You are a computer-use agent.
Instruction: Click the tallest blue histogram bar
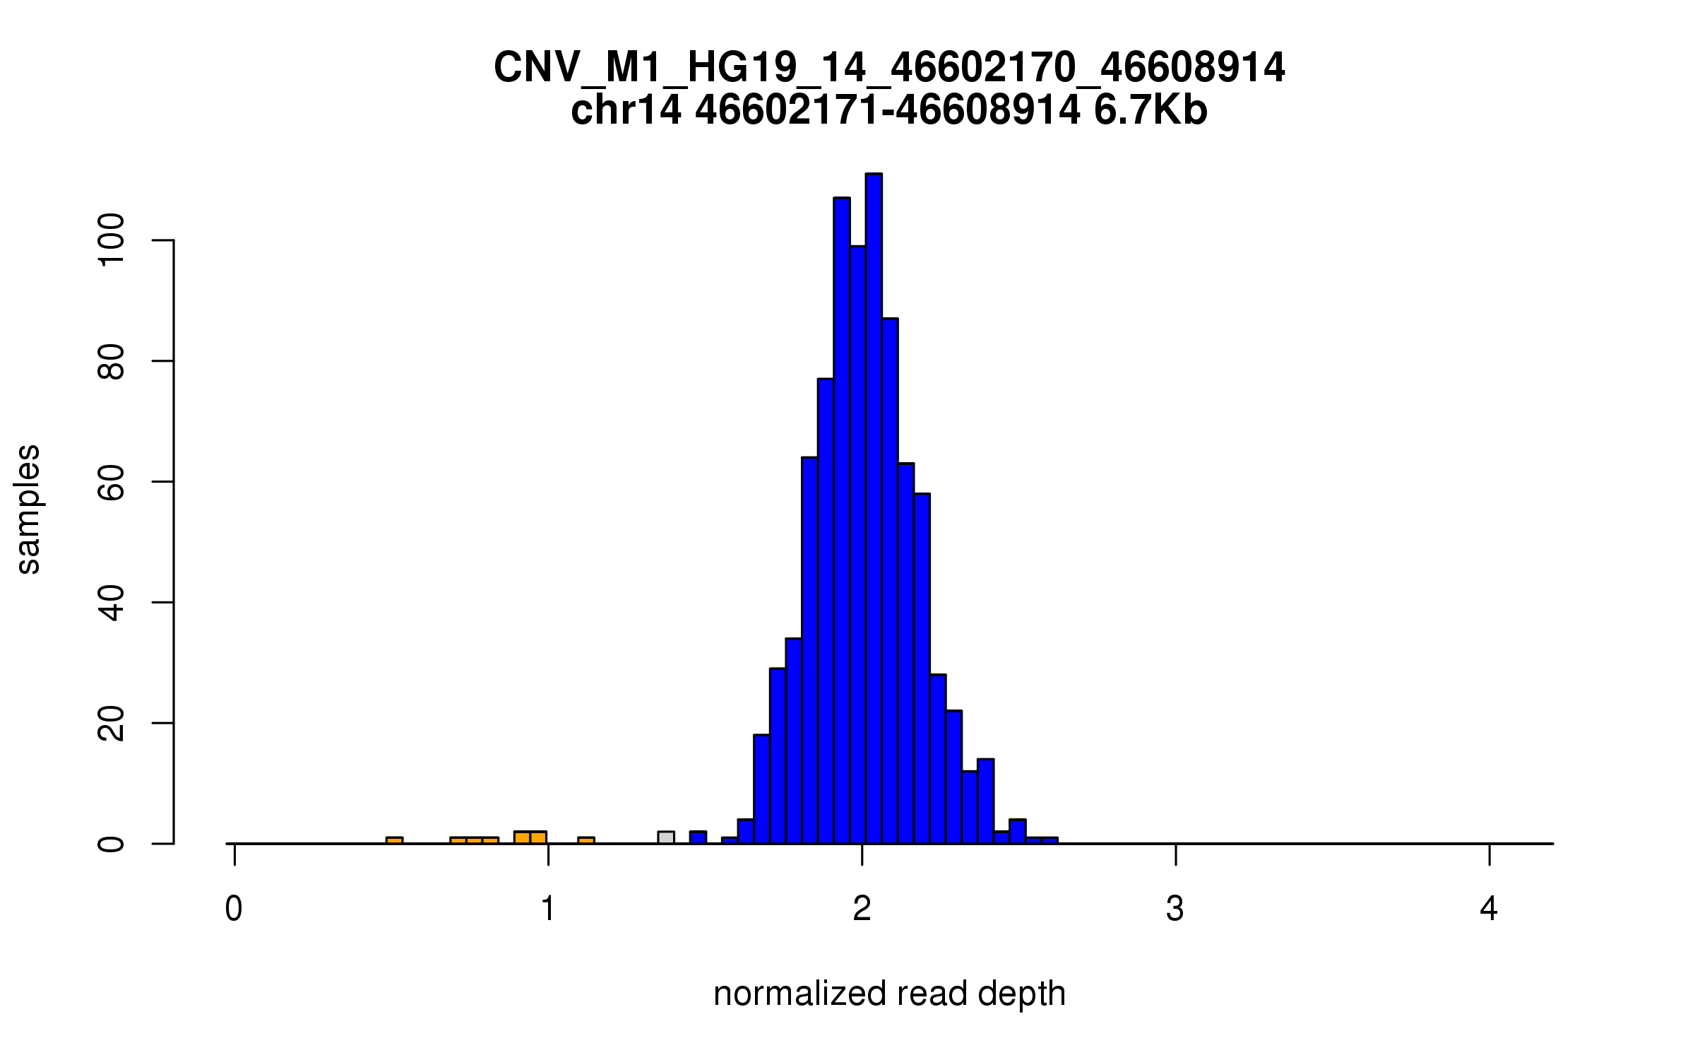click(x=874, y=509)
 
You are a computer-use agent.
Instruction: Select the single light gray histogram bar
click(x=666, y=837)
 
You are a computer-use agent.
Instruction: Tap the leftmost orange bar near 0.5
click(x=395, y=840)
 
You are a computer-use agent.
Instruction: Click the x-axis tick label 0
click(x=234, y=909)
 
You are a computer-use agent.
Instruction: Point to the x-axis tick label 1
click(x=548, y=909)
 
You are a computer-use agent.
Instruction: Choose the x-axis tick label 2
click(x=862, y=909)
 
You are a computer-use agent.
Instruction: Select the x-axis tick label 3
click(x=1175, y=909)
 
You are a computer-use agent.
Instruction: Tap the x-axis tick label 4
click(x=1489, y=909)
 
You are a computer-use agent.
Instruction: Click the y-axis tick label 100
click(x=112, y=241)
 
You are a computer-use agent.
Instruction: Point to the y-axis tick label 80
click(x=112, y=361)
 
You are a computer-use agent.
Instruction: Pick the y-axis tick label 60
click(x=112, y=482)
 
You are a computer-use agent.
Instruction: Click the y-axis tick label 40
click(x=112, y=603)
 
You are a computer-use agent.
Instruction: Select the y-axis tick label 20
click(x=112, y=724)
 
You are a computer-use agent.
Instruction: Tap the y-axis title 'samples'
click(x=28, y=509)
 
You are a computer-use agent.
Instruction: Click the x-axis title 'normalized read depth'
click(x=889, y=994)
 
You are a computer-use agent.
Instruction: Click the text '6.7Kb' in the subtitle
click(x=1150, y=111)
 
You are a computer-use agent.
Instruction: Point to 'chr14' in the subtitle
click(x=626, y=111)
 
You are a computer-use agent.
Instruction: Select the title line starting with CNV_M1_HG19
click(x=889, y=68)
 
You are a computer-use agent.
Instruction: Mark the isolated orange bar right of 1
click(x=586, y=840)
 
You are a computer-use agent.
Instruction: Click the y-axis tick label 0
click(x=112, y=844)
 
